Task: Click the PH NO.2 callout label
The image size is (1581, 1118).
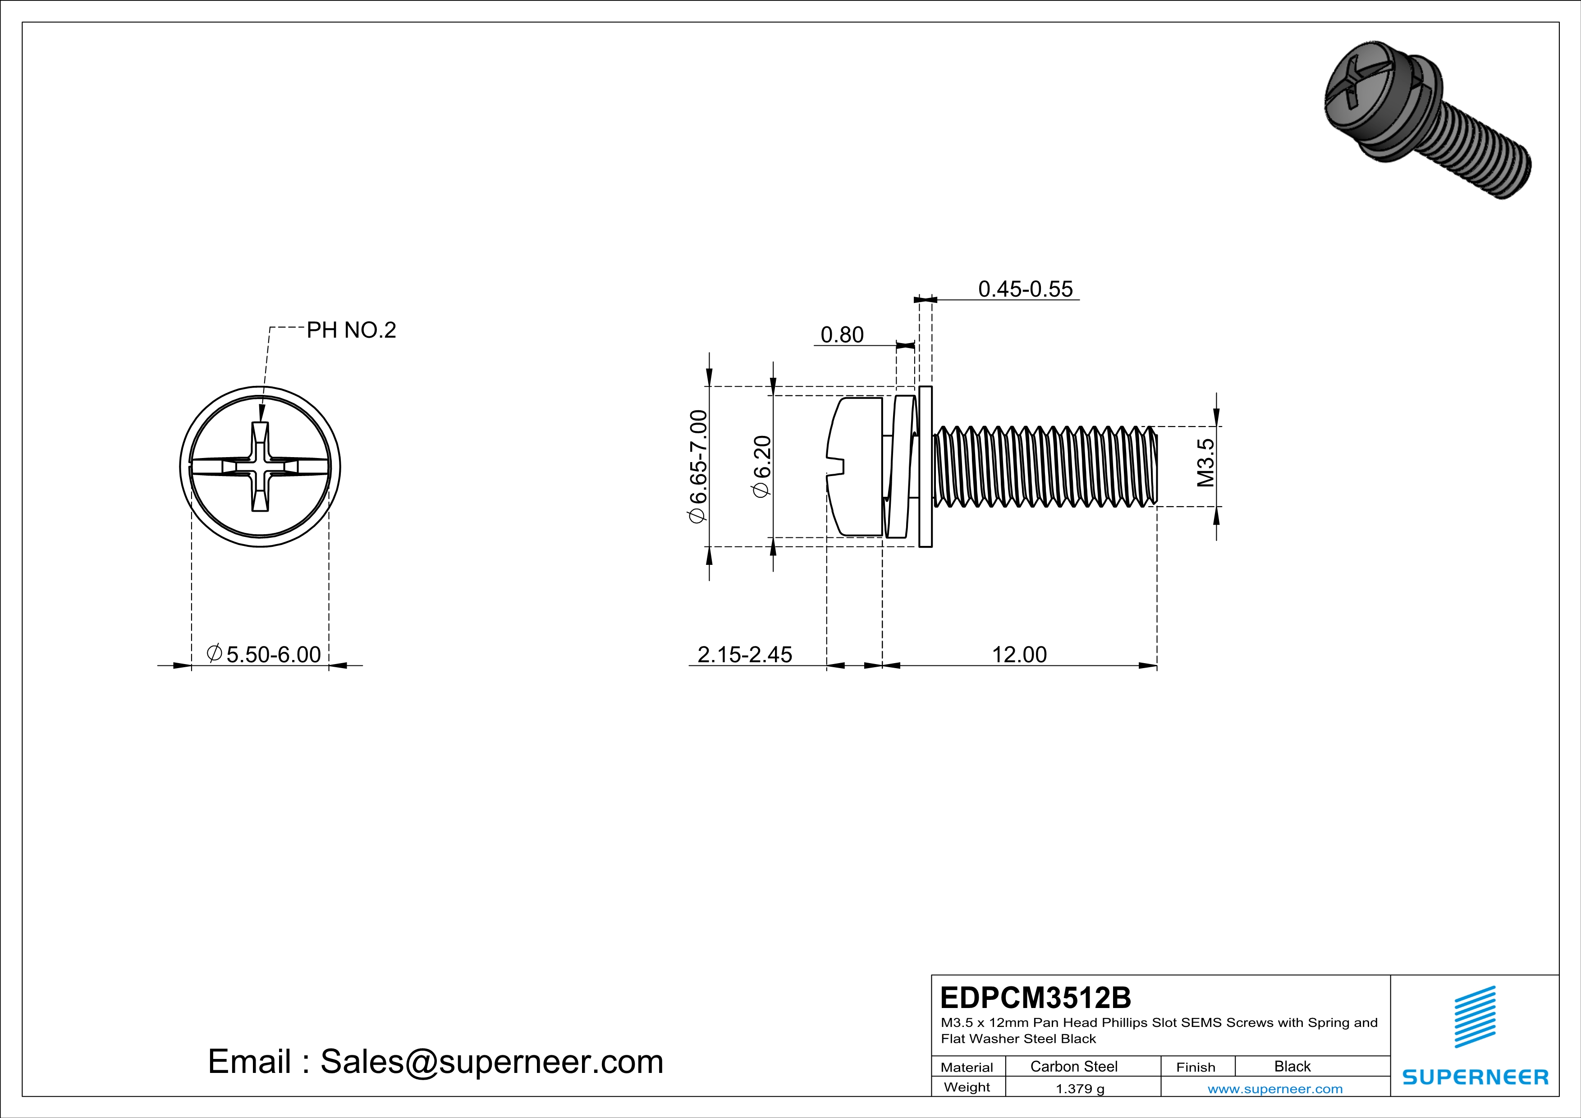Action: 351,330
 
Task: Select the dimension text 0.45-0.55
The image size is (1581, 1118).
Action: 1025,289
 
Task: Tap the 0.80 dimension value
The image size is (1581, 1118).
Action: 842,335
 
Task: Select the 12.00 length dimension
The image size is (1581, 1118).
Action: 1019,654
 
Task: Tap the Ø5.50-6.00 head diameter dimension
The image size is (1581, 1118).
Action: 265,654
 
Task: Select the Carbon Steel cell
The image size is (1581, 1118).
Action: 1073,1066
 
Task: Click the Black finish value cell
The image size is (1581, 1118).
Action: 1292,1066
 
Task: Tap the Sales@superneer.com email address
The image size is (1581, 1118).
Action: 492,1062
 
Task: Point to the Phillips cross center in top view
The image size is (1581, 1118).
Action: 260,467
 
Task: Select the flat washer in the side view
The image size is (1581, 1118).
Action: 926,467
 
